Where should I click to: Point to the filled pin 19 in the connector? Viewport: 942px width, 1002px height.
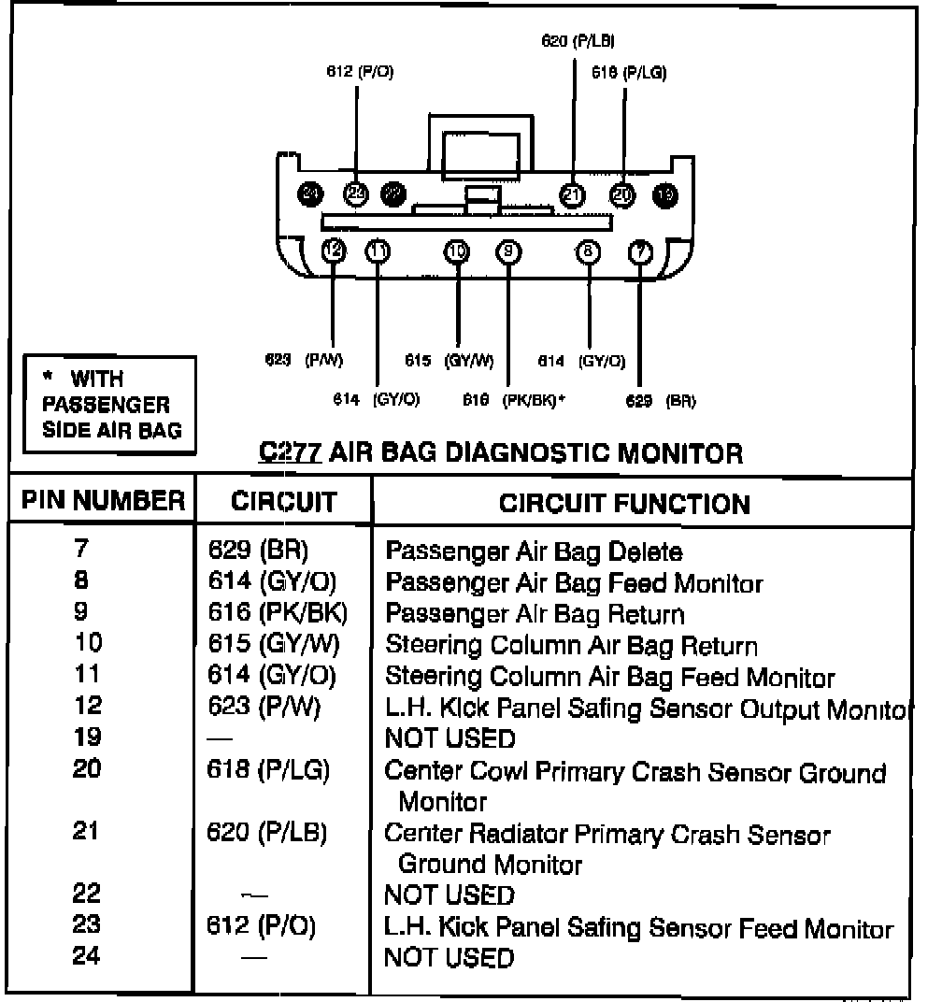664,193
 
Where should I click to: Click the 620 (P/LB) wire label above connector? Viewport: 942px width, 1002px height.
578,40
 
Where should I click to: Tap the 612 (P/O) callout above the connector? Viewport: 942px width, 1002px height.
360,73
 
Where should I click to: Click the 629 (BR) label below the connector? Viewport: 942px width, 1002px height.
660,401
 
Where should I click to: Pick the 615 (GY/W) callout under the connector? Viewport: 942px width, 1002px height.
450,360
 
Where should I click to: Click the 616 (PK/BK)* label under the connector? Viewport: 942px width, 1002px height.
515,400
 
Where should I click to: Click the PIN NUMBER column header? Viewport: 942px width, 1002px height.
103,502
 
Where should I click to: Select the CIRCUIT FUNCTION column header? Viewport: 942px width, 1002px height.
624,504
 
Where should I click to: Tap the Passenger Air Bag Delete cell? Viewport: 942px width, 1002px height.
534,551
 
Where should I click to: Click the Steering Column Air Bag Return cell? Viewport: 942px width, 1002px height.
571,646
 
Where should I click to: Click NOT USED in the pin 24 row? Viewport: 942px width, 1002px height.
450,957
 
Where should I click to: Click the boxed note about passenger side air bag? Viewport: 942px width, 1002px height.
105,405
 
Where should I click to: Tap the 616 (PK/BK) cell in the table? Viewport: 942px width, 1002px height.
278,614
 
